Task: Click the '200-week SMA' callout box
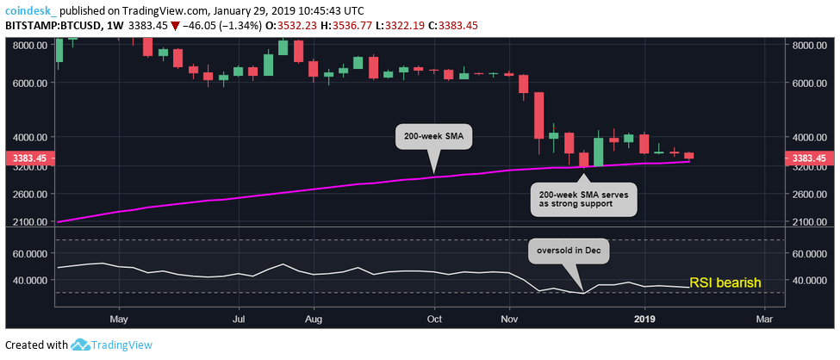434,137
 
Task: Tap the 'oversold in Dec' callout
569,251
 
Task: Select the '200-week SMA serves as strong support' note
583,198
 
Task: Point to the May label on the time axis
119,318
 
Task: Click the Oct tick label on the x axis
434,318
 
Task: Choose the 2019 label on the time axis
644,318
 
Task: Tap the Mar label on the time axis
763,318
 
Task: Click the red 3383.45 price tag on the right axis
808,158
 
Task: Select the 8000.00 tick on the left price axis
28,46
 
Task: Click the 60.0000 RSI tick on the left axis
28,254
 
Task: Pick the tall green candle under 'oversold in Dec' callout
598,148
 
